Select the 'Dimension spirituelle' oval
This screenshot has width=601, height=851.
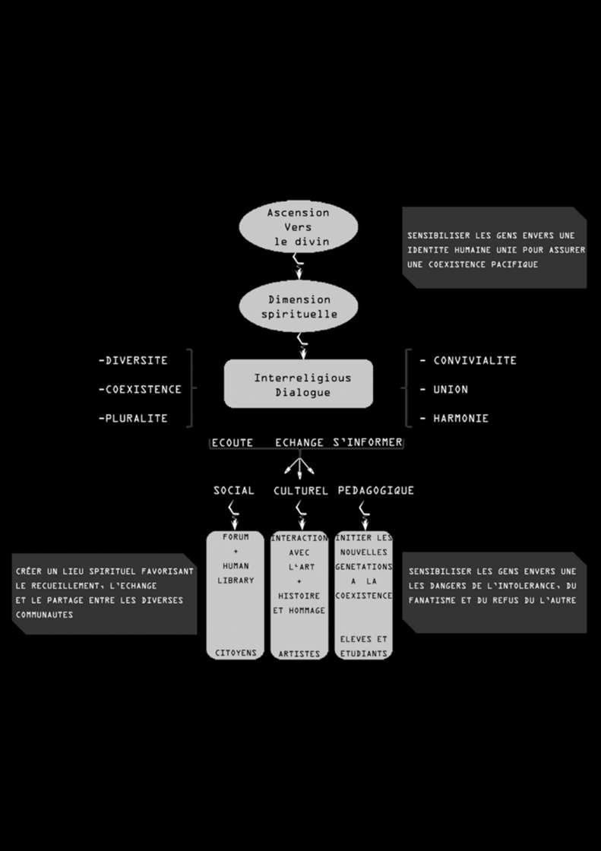(299, 306)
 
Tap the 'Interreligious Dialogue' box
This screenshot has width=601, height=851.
(299, 384)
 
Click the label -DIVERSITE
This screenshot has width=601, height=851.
(133, 360)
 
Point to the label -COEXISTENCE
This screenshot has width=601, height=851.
(140, 389)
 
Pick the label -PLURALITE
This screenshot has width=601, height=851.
(133, 418)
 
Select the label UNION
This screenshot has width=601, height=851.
(451, 389)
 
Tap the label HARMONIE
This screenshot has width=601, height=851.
(460, 418)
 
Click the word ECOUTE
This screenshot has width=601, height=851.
(232, 442)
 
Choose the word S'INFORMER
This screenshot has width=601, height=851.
(368, 442)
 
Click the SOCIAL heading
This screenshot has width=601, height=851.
(234, 491)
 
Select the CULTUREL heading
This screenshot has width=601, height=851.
(300, 491)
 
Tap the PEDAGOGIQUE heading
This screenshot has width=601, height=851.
(375, 491)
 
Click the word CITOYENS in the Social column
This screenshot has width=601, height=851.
(236, 653)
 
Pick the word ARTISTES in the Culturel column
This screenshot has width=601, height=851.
(299, 653)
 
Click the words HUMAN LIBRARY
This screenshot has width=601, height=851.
(236, 573)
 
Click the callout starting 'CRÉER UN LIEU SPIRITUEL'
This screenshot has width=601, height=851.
(104, 593)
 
